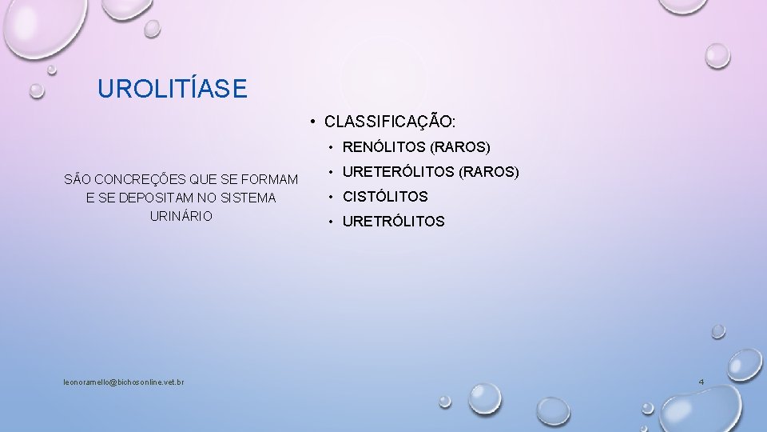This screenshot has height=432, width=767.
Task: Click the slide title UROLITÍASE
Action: tap(172, 88)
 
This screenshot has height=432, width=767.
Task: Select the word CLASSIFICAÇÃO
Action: tap(389, 122)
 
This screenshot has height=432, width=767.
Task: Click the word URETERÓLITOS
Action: tap(399, 172)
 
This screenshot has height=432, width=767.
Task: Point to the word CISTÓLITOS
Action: tap(385, 197)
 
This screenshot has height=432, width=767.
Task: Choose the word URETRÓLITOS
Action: tap(393, 222)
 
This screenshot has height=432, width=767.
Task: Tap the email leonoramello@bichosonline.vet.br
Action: tap(124, 382)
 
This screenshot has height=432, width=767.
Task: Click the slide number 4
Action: tap(701, 382)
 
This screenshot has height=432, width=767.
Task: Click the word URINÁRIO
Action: tap(181, 216)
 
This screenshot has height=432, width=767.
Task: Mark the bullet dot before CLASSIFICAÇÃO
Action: tap(316, 122)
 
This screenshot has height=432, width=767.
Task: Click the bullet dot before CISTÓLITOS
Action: tap(332, 197)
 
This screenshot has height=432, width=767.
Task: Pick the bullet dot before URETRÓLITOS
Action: tap(332, 222)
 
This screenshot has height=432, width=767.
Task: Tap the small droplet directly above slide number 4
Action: tap(717, 330)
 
